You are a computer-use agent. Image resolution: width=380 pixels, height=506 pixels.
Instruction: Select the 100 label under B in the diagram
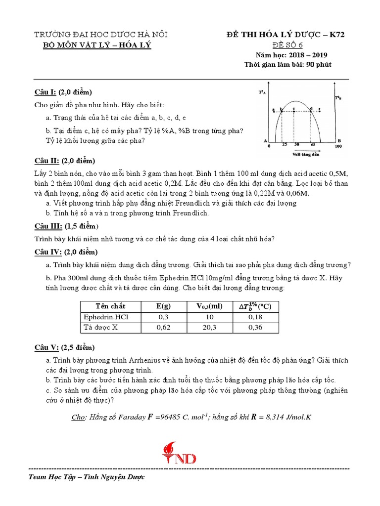click(338, 147)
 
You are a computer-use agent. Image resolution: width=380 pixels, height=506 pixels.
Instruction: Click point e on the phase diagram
click(320, 108)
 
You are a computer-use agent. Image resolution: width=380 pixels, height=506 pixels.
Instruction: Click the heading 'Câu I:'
click(45, 92)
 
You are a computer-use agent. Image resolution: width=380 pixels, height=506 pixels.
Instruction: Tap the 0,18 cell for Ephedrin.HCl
click(255, 317)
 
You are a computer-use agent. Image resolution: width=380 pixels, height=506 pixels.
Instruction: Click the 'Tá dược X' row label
click(100, 327)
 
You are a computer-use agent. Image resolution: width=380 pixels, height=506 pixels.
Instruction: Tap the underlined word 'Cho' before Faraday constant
click(78, 417)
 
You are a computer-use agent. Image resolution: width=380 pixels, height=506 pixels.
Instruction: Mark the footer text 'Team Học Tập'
click(50, 477)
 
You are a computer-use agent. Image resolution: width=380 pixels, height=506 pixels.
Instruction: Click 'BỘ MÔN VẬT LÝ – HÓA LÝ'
click(97, 45)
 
